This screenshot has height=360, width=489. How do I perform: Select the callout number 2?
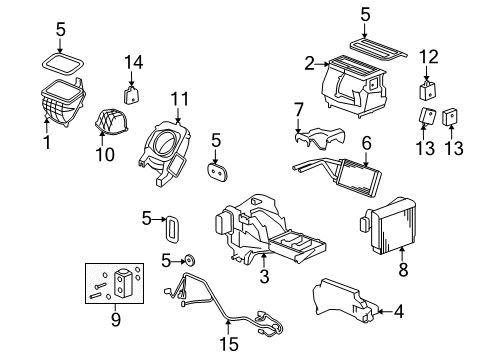click(310, 64)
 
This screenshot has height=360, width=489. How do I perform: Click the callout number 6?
click(366, 143)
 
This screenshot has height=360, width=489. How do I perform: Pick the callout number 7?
click(298, 108)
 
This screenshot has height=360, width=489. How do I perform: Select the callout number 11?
click(180, 99)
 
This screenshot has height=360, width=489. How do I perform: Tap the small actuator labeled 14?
click(131, 94)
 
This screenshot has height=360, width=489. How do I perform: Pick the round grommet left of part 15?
click(187, 260)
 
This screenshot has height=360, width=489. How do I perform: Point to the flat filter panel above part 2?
click(364, 46)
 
